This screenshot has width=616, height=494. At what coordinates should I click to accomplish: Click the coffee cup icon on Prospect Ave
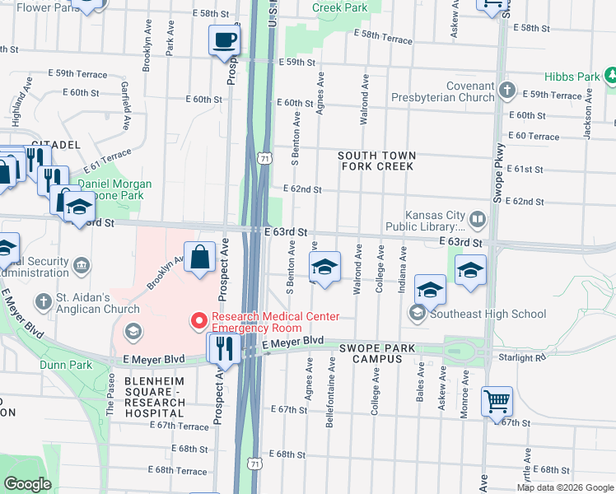click(x=224, y=40)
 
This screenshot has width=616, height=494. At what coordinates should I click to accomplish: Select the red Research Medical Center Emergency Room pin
click(x=198, y=319)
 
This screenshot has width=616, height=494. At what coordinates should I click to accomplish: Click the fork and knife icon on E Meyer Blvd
click(x=224, y=347)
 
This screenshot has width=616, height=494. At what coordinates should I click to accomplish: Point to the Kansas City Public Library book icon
click(x=477, y=220)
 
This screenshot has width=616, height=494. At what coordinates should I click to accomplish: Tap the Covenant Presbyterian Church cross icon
click(x=507, y=89)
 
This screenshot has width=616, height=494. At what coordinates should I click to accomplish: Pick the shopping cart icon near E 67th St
click(x=497, y=402)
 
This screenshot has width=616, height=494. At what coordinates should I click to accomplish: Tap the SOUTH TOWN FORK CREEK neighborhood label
click(x=376, y=161)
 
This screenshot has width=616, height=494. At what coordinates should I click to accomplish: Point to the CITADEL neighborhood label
click(x=55, y=144)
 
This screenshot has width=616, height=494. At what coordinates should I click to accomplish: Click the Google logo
click(x=28, y=484)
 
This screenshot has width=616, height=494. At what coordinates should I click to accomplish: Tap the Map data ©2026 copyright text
click(x=565, y=487)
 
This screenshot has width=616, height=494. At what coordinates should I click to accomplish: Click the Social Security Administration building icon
click(x=82, y=265)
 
